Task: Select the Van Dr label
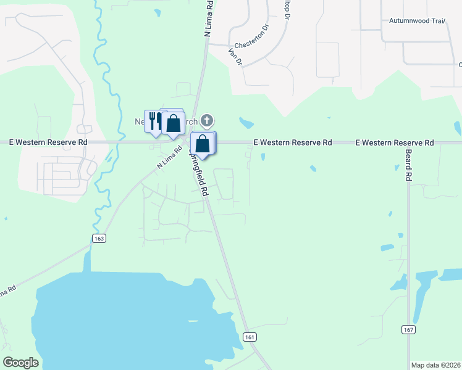click(x=235, y=57)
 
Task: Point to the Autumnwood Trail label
click(x=417, y=20)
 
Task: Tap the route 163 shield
click(x=99, y=238)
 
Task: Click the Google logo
click(x=20, y=363)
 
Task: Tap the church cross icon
click(x=208, y=120)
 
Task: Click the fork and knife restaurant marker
click(x=153, y=120)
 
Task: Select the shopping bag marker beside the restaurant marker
click(x=174, y=123)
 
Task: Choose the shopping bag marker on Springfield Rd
click(x=203, y=144)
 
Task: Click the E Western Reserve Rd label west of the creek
click(x=48, y=142)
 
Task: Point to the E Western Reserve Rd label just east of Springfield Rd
click(x=293, y=142)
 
